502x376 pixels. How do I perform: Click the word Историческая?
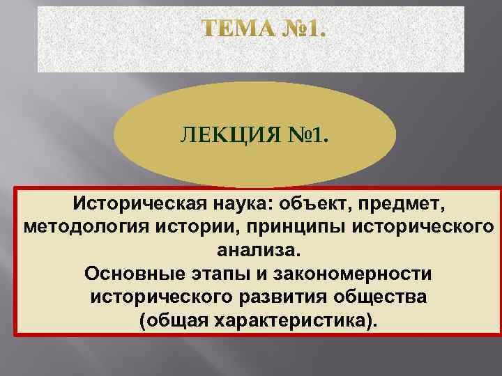point(130,205)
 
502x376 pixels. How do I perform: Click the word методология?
point(88,227)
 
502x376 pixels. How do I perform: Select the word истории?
point(199,227)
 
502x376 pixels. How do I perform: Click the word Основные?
point(140,273)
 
